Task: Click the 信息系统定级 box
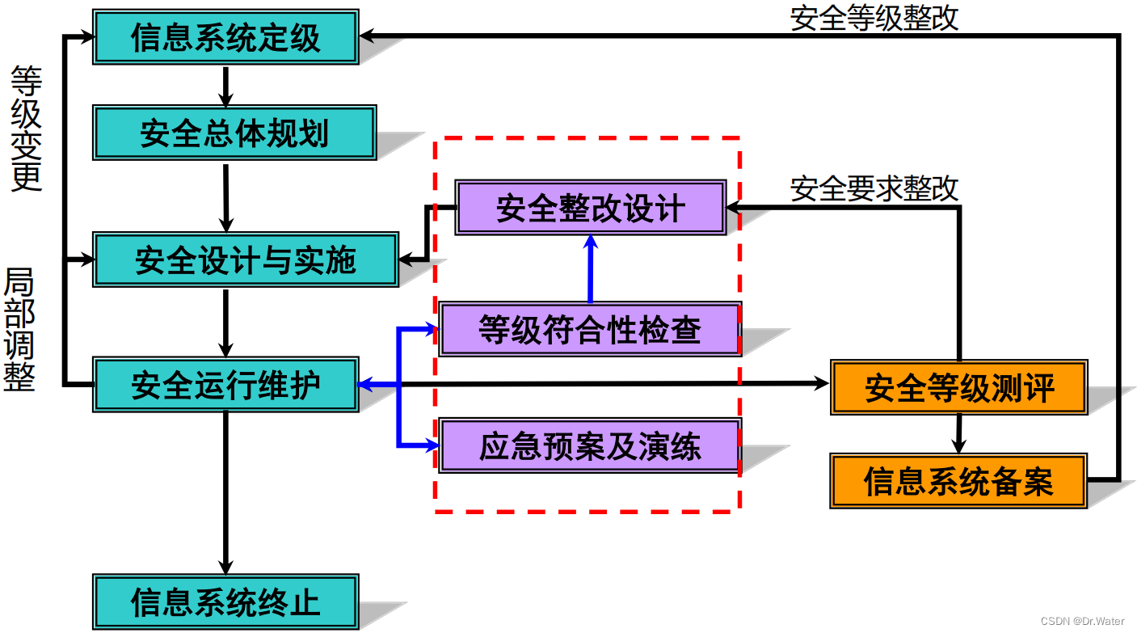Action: (x=225, y=37)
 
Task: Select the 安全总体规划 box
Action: (x=234, y=132)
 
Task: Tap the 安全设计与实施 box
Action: (x=246, y=260)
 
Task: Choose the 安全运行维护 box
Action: (x=225, y=385)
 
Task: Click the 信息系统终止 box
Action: (x=225, y=601)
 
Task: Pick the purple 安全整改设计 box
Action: (x=590, y=208)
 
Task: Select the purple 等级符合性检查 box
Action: (x=589, y=329)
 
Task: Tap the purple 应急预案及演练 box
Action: (x=589, y=445)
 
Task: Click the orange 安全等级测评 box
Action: (x=958, y=387)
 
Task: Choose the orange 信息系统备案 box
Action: (x=958, y=481)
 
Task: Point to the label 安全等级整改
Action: (x=874, y=17)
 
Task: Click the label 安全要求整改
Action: (x=874, y=188)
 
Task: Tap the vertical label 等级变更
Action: (x=26, y=129)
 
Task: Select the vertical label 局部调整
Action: (x=20, y=330)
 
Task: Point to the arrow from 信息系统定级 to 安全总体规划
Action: (x=225, y=85)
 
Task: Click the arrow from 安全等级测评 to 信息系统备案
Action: (x=958, y=434)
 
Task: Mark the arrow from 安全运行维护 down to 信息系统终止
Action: (x=225, y=493)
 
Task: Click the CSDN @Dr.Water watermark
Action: (x=1082, y=621)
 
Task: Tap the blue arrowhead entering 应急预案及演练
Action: (x=429, y=445)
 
